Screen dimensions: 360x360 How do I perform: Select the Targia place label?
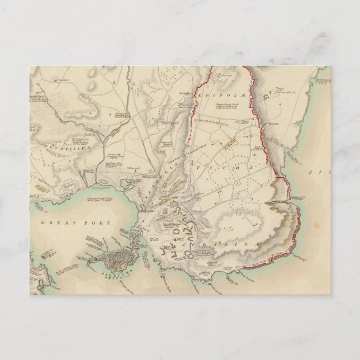point(281,88)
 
